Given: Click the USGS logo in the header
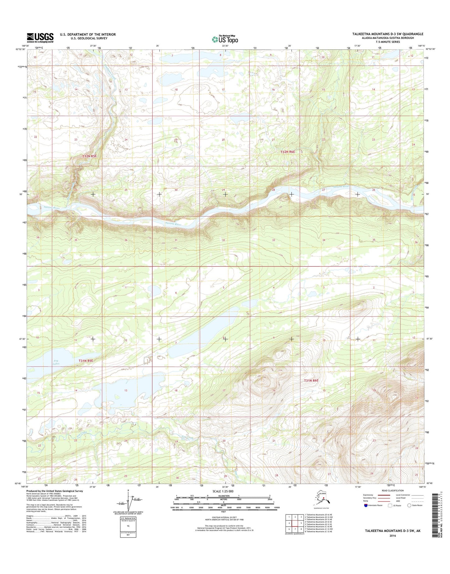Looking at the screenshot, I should [40, 38].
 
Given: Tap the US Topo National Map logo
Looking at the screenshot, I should [225, 39].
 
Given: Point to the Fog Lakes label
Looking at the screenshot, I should [56, 362].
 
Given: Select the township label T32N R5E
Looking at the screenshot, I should [90, 156].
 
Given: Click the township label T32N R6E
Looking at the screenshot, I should [287, 152].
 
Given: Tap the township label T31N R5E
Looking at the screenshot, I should [86, 361].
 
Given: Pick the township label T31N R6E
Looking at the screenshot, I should [311, 380].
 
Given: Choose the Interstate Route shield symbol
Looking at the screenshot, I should [365, 505].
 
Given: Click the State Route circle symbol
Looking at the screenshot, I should [409, 505].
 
